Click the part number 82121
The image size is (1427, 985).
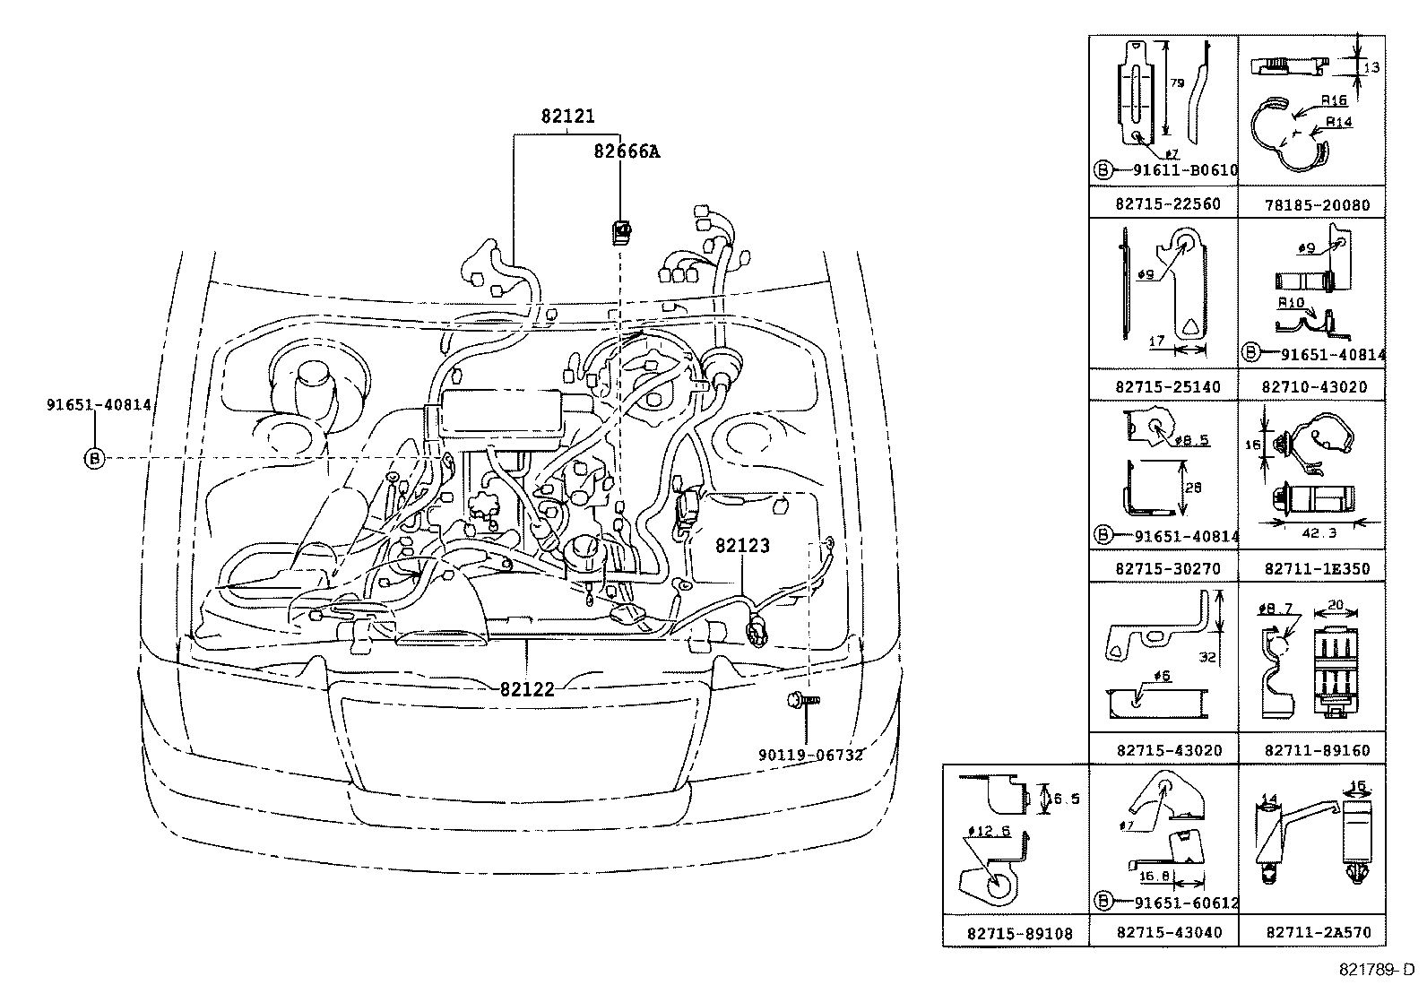[x=567, y=117]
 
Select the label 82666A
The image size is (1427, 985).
[x=626, y=151]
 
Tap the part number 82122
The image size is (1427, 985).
[x=527, y=689]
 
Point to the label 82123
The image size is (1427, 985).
[x=742, y=546]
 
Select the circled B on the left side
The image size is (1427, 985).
[x=94, y=459]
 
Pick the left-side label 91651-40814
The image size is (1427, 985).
[x=99, y=405]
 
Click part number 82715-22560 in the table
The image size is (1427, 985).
[x=1168, y=204]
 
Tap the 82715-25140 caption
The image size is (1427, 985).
[x=1168, y=387]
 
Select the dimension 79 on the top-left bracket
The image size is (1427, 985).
[x=1177, y=82]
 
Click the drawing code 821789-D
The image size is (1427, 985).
[x=1376, y=970]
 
